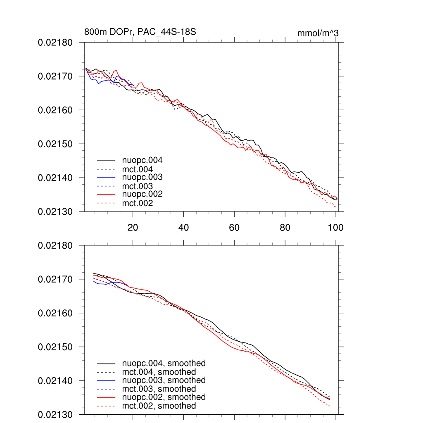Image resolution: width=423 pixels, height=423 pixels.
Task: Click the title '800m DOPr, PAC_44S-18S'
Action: [140, 32]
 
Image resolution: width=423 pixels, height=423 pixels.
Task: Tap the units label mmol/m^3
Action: [318, 33]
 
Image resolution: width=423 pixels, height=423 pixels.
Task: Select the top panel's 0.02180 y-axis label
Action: [55, 43]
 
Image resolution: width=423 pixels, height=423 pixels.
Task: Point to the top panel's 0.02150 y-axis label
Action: [55, 144]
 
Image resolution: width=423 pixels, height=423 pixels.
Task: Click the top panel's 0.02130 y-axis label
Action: [55, 211]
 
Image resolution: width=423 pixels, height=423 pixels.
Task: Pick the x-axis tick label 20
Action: [133, 227]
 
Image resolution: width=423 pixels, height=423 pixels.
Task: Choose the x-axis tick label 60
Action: [234, 227]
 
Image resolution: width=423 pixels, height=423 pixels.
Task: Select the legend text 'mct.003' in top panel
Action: [138, 186]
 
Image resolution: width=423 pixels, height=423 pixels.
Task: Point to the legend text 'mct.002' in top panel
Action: [138, 203]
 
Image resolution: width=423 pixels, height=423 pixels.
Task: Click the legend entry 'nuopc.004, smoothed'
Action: [164, 364]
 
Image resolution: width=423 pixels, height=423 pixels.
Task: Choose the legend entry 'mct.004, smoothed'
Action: [159, 372]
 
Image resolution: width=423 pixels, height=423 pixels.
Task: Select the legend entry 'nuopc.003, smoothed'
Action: [164, 380]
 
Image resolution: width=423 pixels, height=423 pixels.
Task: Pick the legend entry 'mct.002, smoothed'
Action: [159, 406]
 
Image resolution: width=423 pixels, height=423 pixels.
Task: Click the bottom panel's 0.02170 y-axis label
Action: [55, 279]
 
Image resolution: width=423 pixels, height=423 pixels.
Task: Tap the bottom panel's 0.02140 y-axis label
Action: [55, 380]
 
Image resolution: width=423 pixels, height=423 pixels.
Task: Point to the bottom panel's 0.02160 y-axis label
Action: [55, 313]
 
